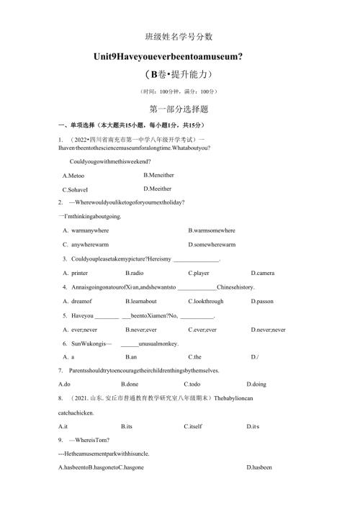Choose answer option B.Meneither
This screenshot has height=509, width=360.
pyautogui.click(x=158, y=175)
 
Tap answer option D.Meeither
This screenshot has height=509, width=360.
pyautogui.click(x=158, y=189)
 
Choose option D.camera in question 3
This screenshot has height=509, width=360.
pyautogui.click(x=262, y=273)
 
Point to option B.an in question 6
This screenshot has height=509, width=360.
pyautogui.click(x=131, y=356)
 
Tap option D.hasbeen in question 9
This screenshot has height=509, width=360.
pyautogui.click(x=260, y=468)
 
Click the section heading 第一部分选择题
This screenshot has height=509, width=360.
pyautogui.click(x=178, y=109)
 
